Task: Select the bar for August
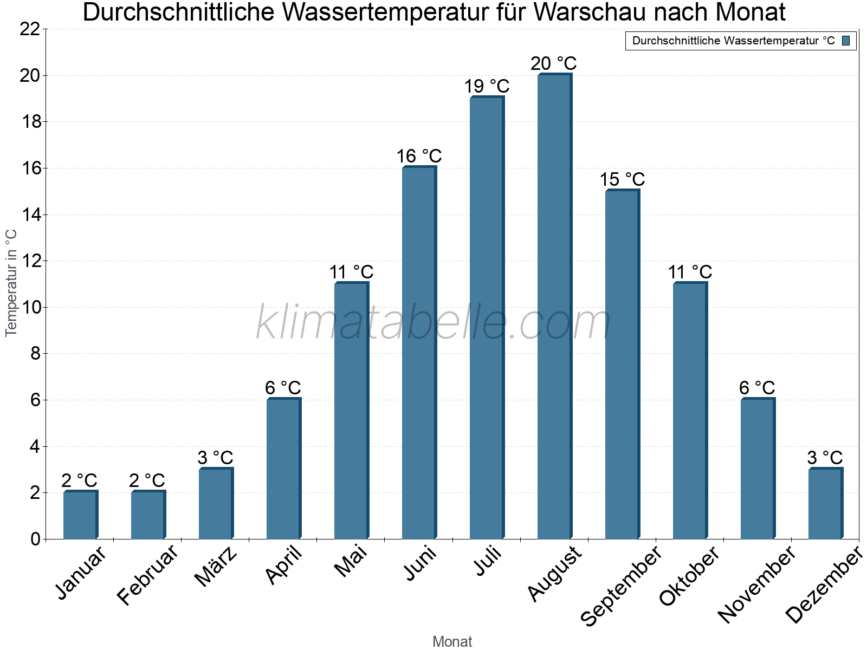pyautogui.click(x=554, y=306)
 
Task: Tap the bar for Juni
pyautogui.click(x=419, y=352)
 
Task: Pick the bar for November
pyautogui.click(x=758, y=469)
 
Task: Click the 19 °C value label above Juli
pyautogui.click(x=487, y=86)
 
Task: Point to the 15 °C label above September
pyautogui.click(x=622, y=179)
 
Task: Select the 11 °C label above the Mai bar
pyautogui.click(x=351, y=272)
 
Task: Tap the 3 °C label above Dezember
pyautogui.click(x=825, y=458)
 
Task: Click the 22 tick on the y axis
pyautogui.click(x=30, y=29)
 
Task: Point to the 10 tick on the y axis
pyautogui.click(x=30, y=308)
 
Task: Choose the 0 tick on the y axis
pyautogui.click(x=36, y=539)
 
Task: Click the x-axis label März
pyautogui.click(x=216, y=567)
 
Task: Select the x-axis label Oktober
pyautogui.click(x=689, y=576)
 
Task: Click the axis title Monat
pyautogui.click(x=452, y=641)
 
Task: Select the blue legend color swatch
pyautogui.click(x=846, y=41)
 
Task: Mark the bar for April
pyautogui.click(x=283, y=469)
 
